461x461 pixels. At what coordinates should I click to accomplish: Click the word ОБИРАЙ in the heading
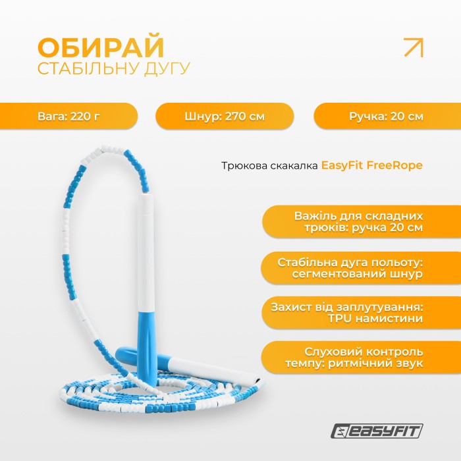(101, 48)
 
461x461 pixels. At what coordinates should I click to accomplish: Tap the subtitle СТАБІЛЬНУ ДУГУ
(113, 68)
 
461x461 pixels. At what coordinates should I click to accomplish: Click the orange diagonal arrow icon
(413, 48)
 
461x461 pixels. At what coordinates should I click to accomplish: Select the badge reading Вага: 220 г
(68, 117)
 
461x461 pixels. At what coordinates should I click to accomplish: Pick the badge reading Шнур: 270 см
(225, 117)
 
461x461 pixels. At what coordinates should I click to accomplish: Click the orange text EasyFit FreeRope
(371, 165)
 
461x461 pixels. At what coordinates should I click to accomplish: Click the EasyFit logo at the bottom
(377, 431)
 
